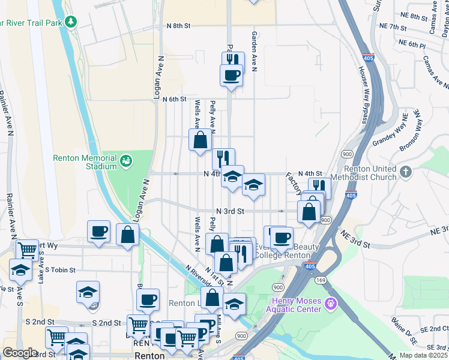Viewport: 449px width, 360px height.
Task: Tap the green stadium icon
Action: (126, 160)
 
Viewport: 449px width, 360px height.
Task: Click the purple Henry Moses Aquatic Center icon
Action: (330, 305)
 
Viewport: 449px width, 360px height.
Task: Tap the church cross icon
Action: (406, 172)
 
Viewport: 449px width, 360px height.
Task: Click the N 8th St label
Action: (178, 26)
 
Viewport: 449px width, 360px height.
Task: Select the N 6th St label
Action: (175, 99)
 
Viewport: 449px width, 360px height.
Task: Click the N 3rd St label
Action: (230, 211)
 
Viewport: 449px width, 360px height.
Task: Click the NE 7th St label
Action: (393, 26)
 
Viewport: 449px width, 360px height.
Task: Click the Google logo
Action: (20, 353)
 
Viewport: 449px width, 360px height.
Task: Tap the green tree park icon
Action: (71, 22)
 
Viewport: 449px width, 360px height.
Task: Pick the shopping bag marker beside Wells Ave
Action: (200, 140)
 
